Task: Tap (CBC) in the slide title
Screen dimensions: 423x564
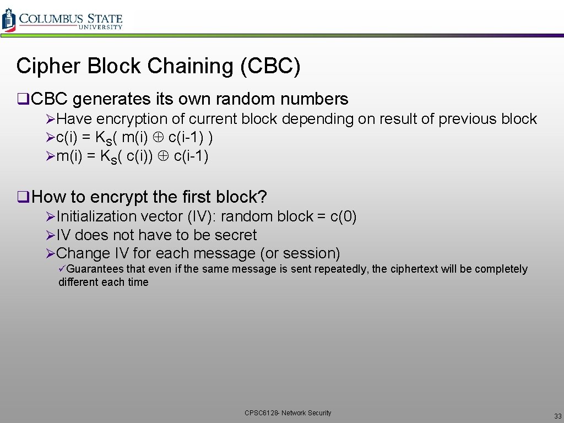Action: [270, 66]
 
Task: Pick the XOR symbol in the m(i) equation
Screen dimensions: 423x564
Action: [164, 156]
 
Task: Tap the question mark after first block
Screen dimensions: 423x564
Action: [263, 197]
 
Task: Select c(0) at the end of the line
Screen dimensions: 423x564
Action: [343, 216]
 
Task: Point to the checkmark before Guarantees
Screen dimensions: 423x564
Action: [62, 269]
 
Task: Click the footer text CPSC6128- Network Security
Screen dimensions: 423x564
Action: [288, 413]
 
